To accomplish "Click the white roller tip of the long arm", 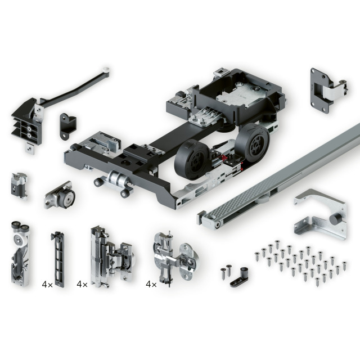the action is click(106, 69).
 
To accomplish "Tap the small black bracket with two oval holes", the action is click(67, 126).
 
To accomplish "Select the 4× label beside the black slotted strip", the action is click(47, 285).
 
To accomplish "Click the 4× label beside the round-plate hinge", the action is click(151, 285).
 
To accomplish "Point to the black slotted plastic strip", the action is click(58, 259).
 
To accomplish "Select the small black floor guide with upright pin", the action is click(240, 277).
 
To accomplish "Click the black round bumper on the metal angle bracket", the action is click(335, 219).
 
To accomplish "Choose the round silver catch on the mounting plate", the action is click(60, 195).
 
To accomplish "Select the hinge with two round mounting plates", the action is click(175, 258).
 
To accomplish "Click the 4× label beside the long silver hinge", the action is click(82, 285).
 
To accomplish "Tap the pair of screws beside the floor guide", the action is click(226, 272).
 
